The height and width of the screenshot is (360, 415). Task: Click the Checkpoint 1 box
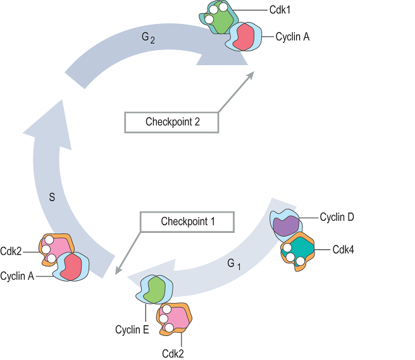tap(188, 221)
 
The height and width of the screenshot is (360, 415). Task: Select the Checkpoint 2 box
tap(172, 122)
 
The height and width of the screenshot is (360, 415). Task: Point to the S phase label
tap(52, 197)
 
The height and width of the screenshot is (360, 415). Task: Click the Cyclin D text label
tap(337, 217)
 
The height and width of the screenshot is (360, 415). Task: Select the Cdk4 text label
tap(343, 249)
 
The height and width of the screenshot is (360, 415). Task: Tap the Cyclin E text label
tap(132, 330)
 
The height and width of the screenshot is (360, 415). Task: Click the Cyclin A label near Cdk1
tap(292, 37)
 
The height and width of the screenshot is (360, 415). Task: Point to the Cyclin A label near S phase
tap(17, 276)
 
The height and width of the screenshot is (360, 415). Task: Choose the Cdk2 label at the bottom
tap(173, 353)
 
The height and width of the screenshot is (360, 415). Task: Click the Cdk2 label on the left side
tap(11, 251)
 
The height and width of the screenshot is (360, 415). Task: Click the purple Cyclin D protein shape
tap(286, 225)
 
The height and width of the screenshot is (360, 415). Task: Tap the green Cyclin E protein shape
tap(152, 289)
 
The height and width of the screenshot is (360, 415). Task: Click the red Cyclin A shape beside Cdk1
tap(243, 39)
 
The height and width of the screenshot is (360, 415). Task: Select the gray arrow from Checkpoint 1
tap(127, 254)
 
